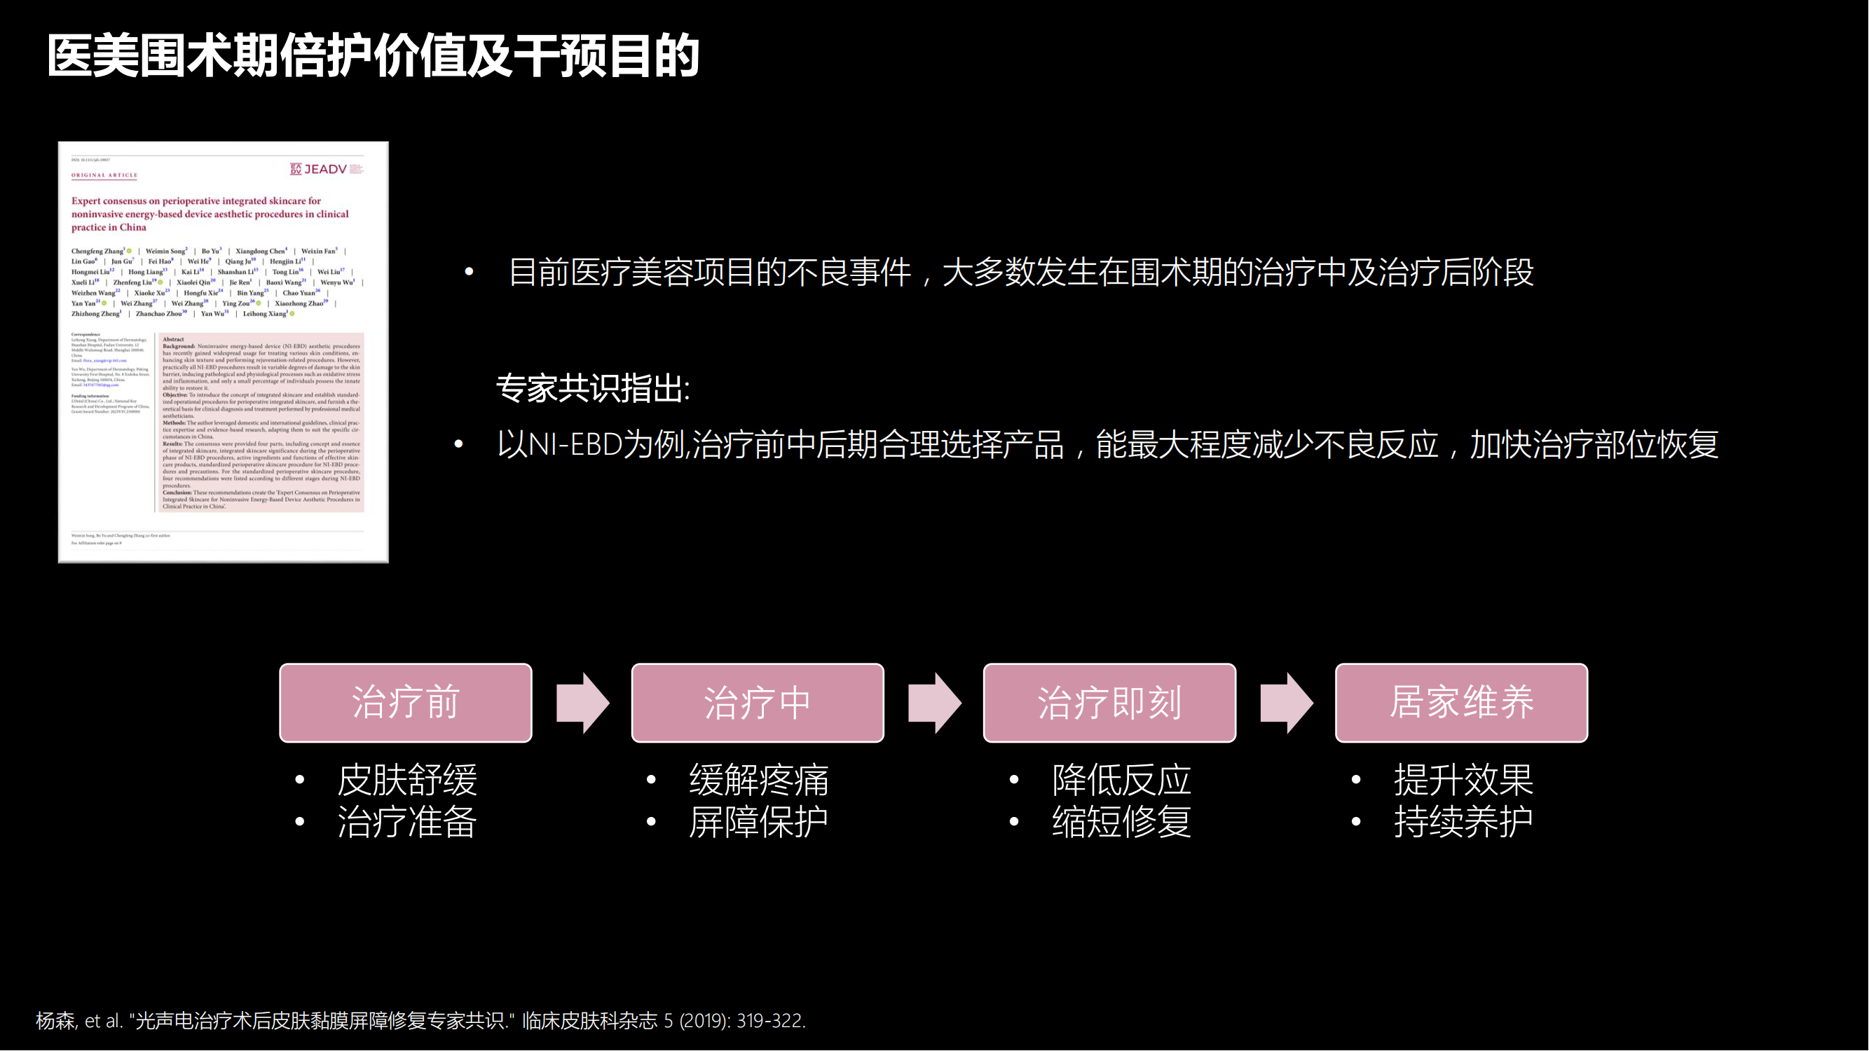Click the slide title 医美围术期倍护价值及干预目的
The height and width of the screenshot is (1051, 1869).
point(373,57)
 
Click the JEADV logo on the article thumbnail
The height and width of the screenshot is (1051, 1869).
point(325,169)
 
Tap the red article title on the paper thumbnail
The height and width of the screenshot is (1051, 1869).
point(210,214)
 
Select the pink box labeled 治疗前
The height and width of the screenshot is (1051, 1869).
point(406,702)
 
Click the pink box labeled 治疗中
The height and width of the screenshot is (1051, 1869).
point(758,702)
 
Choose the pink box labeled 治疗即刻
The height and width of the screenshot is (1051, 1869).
point(1109,702)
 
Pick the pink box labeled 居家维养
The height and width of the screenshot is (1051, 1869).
point(1461,702)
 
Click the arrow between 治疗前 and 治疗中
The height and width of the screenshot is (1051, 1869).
point(582,702)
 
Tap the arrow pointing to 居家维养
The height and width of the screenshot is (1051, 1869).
point(1287,702)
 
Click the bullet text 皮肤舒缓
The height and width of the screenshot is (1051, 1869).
point(407,781)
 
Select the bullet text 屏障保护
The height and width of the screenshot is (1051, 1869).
point(758,823)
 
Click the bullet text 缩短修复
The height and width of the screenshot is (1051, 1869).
point(1122,823)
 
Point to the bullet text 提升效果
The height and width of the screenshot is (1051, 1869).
point(1463,781)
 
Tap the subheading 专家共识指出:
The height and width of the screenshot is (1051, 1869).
point(593,389)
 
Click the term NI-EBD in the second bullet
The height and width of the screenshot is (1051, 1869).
point(575,445)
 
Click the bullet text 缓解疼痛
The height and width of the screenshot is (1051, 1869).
point(758,781)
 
